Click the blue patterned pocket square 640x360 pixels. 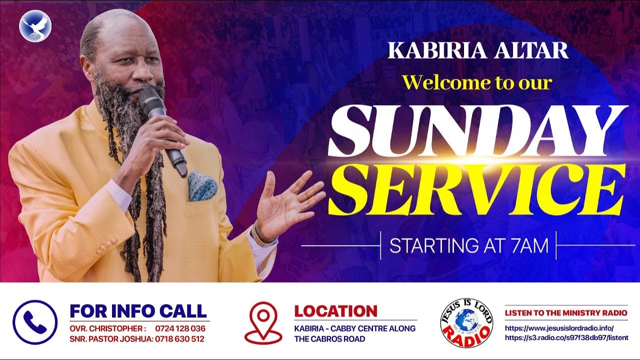pyautogui.click(x=202, y=186)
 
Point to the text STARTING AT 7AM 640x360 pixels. pyautogui.click(x=468, y=246)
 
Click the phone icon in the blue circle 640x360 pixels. pyautogui.click(x=35, y=322)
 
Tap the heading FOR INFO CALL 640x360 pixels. pyautogui.click(x=138, y=310)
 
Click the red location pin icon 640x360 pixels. pyautogui.click(x=263, y=322)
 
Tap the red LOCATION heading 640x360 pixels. pyautogui.click(x=335, y=311)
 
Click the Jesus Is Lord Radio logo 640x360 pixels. pyautogui.click(x=466, y=322)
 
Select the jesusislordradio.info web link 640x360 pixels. pyautogui.click(x=558, y=328)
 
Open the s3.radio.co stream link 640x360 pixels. pyautogui.click(x=566, y=338)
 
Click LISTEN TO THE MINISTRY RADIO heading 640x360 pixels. pyautogui.click(x=566, y=313)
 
